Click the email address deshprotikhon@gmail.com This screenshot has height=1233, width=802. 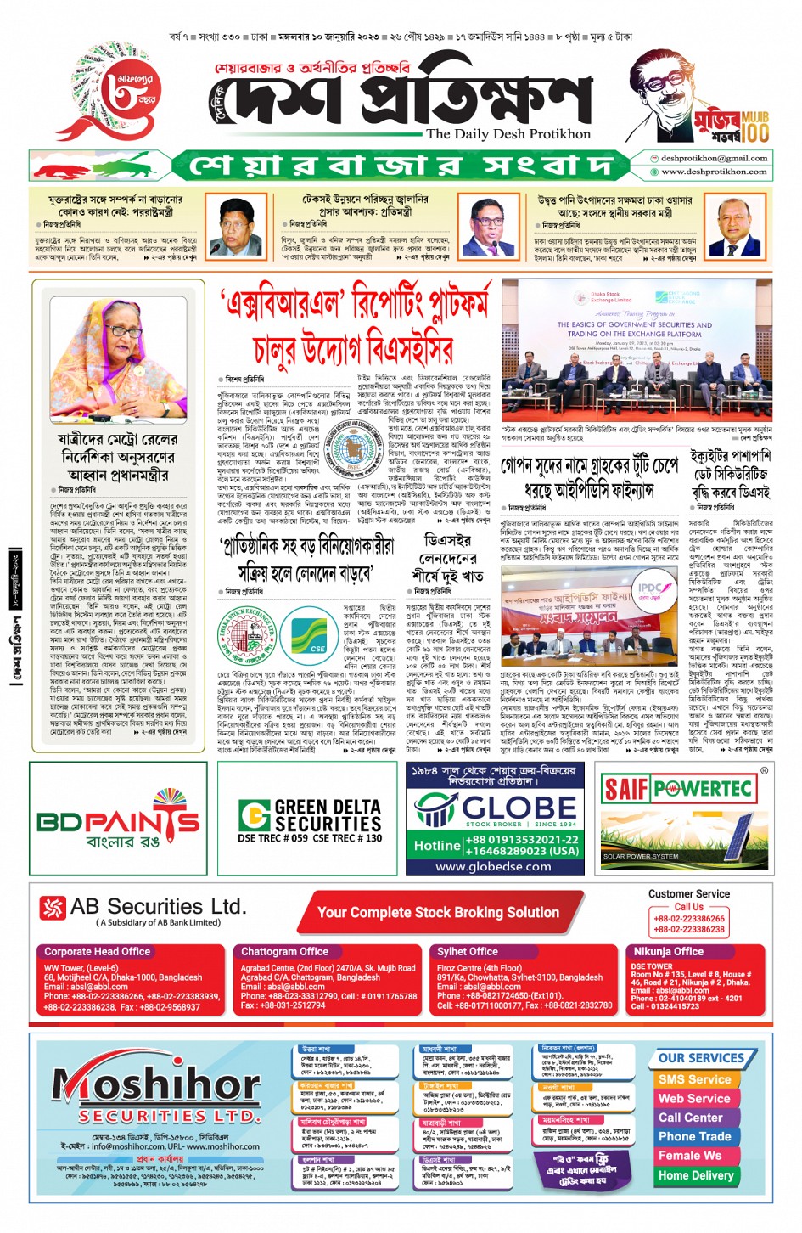pyautogui.click(x=714, y=158)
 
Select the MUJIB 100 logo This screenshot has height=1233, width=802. pyautogui.click(x=729, y=124)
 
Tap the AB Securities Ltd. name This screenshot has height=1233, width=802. pyautogui.click(x=158, y=907)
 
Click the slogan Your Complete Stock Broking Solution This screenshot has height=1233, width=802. pyautogui.click(x=438, y=912)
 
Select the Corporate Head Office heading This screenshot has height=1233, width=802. pyautogui.click(x=97, y=952)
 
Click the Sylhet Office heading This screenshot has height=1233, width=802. pyautogui.click(x=468, y=952)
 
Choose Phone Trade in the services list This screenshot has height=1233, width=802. pyautogui.click(x=694, y=1136)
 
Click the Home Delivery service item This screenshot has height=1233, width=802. pyautogui.click(x=696, y=1175)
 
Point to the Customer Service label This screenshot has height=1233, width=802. pyautogui.click(x=688, y=894)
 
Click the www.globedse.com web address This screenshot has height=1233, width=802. pyautogui.click(x=493, y=866)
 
